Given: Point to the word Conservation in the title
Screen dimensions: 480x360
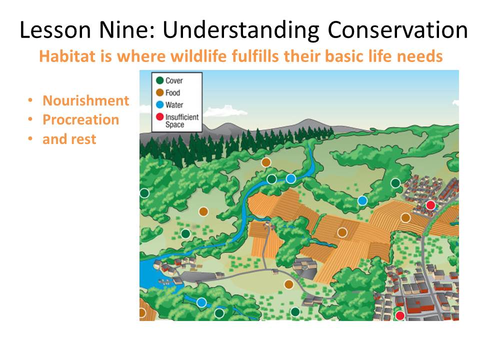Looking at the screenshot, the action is coord(397,29).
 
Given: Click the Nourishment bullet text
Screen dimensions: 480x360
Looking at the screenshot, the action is coord(85,100).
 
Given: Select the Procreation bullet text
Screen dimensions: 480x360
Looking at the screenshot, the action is coord(81,119).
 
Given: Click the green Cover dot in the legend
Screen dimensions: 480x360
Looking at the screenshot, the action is coord(160,80).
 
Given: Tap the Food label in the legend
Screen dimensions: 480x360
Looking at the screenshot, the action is coord(172,93).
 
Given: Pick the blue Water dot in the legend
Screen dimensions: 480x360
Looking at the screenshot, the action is coord(160,104).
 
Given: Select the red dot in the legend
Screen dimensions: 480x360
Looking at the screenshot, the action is coord(160,116).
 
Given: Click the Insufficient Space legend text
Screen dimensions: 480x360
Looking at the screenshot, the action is coord(182,121).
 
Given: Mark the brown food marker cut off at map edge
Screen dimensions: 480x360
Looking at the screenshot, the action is coord(142,313).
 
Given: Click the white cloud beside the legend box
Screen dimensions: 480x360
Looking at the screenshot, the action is coord(225,111).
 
